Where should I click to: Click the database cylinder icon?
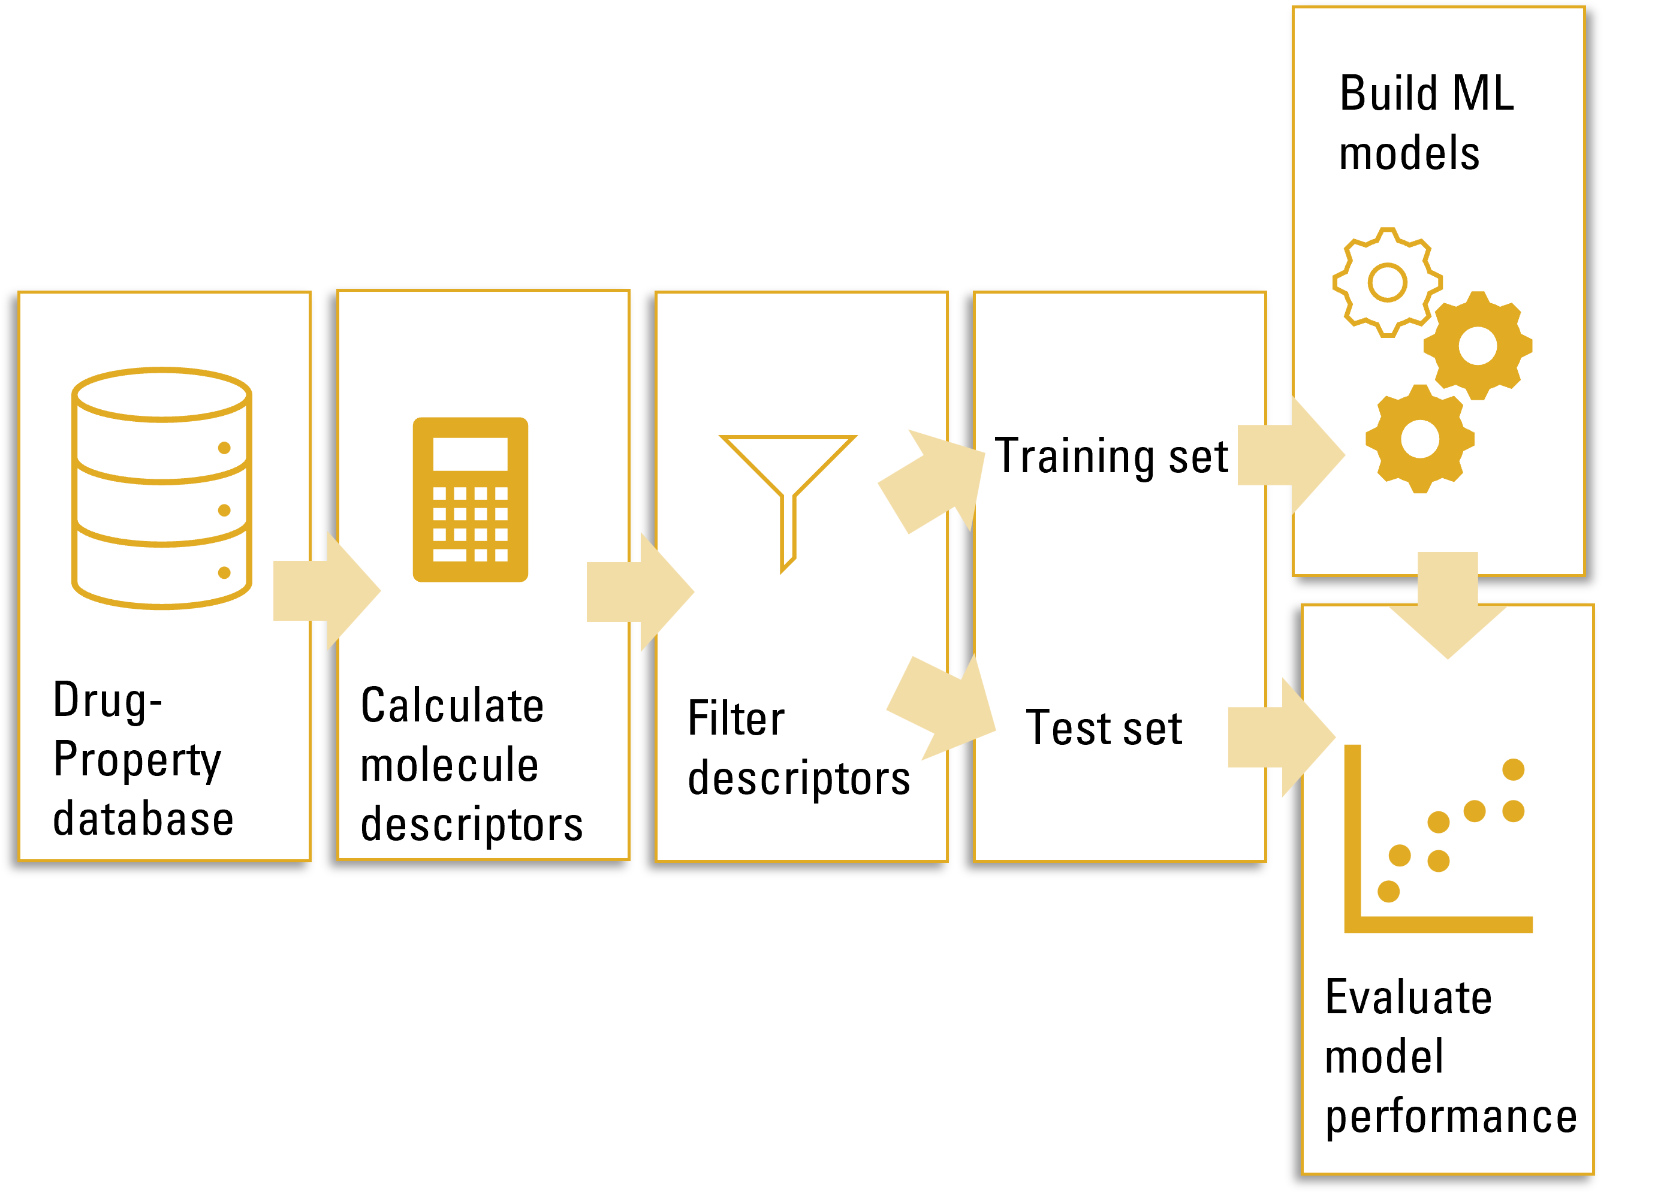pos(162,488)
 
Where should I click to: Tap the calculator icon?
pos(470,500)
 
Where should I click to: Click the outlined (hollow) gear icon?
pos(1387,283)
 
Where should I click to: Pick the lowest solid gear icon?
pos(1419,439)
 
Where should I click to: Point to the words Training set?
pos(1111,456)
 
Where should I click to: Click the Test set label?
pos(1104,728)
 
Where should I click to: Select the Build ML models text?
pos(1425,123)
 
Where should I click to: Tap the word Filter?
pos(735,718)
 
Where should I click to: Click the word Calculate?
pos(452,706)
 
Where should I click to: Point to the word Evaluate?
pos(1408,998)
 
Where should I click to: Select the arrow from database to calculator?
pos(326,591)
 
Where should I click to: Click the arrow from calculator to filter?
pos(639,592)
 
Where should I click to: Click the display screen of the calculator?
pos(470,454)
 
